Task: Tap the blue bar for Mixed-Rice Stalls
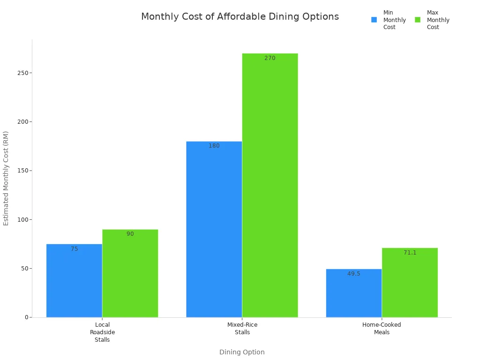pos(214,229)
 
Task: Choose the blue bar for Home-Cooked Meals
pos(353,293)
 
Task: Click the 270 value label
pos(270,59)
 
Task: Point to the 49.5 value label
pos(353,274)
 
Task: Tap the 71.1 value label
pos(410,253)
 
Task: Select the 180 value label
pos(214,146)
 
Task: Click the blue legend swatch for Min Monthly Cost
pos(374,20)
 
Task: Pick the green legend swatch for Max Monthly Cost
pos(418,20)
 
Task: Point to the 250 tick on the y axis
pos(22,73)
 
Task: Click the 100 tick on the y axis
pos(22,219)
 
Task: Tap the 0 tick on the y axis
pos(27,317)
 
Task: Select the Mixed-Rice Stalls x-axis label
pos(242,329)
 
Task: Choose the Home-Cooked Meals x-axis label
pos(382,329)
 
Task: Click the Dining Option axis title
pos(242,352)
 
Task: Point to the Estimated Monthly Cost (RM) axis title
pos(6,178)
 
